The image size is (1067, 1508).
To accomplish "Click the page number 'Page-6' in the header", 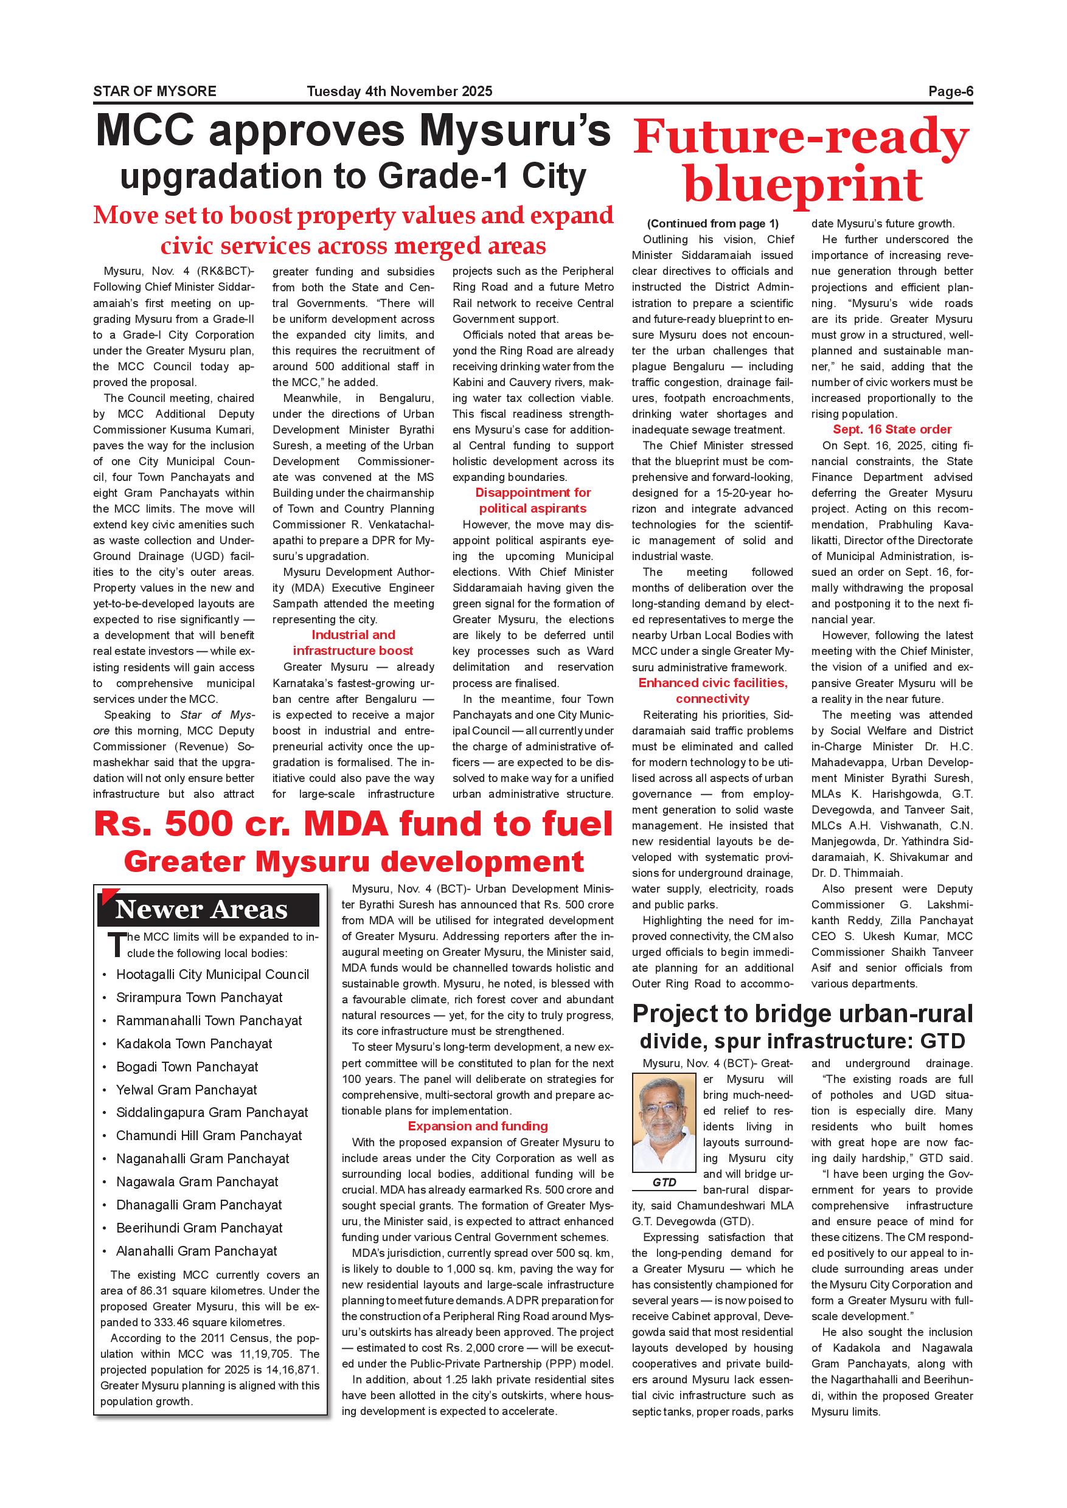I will (x=950, y=92).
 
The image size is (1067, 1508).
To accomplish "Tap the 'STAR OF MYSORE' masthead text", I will (x=155, y=92).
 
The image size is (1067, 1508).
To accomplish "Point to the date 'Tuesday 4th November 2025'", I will (x=400, y=92).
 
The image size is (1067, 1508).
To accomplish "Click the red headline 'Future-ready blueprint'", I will (x=802, y=161).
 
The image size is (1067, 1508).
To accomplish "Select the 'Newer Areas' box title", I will (x=202, y=910).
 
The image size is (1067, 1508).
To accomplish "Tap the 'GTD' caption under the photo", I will (x=664, y=1182).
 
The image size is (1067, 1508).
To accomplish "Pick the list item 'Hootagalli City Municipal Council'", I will (x=212, y=975).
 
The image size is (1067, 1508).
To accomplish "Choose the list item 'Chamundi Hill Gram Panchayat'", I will (x=209, y=1136).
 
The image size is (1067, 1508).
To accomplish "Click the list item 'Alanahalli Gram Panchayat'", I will (x=196, y=1251).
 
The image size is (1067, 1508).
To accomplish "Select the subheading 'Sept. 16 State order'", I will (x=892, y=429).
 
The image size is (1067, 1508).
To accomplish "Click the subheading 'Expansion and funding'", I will (x=478, y=1126).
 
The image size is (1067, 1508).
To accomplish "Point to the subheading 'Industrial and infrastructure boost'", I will (x=353, y=643).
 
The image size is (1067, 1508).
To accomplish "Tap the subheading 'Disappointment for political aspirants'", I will (x=533, y=500).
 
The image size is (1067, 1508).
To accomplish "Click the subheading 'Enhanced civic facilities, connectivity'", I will (x=713, y=691).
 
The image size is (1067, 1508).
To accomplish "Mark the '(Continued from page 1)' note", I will (x=713, y=223).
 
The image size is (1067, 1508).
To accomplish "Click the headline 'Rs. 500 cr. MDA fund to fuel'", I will (x=353, y=825).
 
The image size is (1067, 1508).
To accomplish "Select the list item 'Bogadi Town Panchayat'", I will (x=187, y=1067).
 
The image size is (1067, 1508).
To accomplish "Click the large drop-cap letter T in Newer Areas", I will (x=116, y=944).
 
